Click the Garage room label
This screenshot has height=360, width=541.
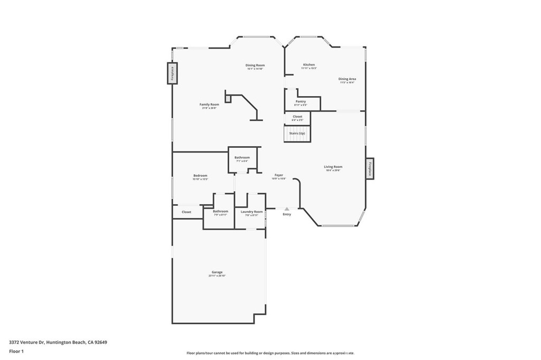pos(217,272)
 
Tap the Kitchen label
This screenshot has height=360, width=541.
pos(309,65)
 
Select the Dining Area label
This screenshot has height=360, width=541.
pos(347,79)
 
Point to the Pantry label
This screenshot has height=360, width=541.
pos(301,101)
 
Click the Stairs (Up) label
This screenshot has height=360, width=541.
pos(297,133)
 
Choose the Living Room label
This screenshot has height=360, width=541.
pos(333,167)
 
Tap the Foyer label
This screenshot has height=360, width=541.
pos(278,175)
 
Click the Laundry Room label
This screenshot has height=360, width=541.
pos(251,212)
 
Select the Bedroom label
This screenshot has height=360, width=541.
pos(200,176)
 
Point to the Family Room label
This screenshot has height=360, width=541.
pos(209,105)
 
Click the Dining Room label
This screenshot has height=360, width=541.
pos(255,65)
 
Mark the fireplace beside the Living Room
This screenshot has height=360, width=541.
pos(370,169)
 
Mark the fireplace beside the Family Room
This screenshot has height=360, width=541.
pos(172,73)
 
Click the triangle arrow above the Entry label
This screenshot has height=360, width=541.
pos(287,209)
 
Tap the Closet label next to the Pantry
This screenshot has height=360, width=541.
pos(297,117)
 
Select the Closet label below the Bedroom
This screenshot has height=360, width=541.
pos(186,212)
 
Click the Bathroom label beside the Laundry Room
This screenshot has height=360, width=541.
pos(220,211)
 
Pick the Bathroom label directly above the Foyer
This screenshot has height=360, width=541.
pos(242,157)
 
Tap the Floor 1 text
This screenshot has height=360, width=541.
pos(16,351)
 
